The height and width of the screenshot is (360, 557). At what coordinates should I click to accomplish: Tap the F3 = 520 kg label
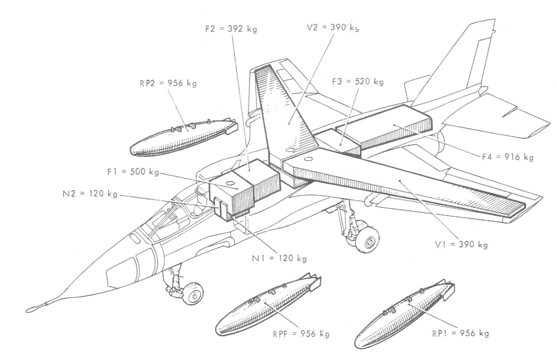coord(357,82)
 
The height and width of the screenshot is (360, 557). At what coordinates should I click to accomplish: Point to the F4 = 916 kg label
coord(508,157)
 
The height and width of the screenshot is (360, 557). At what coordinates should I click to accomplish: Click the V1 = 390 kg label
coord(461,245)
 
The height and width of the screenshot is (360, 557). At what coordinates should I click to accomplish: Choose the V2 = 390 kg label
coord(333,27)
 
